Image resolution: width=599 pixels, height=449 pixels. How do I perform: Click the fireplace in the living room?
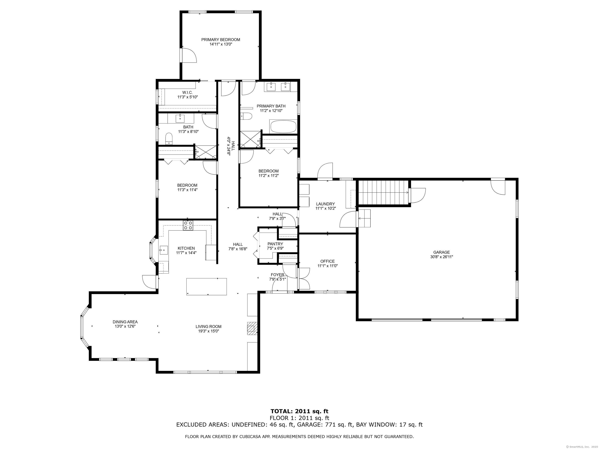tap(252, 329)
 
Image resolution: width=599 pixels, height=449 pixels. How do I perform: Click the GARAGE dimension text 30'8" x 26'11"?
tap(442, 257)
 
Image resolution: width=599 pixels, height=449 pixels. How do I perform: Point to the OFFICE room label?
tap(327, 261)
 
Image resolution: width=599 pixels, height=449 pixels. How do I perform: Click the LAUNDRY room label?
tap(325, 204)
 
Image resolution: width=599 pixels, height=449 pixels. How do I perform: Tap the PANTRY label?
tap(275, 244)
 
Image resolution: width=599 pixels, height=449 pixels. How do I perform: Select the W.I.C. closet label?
tap(187, 92)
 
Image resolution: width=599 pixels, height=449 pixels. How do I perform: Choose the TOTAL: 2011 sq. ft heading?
tap(299, 412)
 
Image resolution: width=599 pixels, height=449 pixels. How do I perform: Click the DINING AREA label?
tap(125, 322)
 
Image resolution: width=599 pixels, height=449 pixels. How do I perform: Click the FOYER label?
tap(277, 275)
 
